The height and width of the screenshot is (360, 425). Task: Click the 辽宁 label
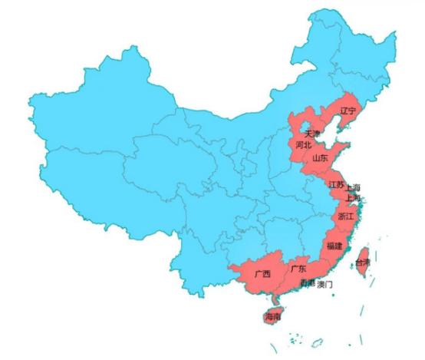click(x=348, y=111)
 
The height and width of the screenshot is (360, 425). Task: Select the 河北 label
click(x=303, y=144)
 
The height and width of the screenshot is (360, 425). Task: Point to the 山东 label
click(x=320, y=157)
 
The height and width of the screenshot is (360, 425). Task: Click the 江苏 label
click(x=336, y=185)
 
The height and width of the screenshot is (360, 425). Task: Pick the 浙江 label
click(x=345, y=217)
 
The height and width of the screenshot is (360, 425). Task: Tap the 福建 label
click(x=334, y=246)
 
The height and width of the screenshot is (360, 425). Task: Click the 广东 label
click(x=298, y=269)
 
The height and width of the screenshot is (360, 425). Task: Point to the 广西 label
click(x=262, y=274)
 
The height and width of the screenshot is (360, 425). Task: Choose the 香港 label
click(x=307, y=284)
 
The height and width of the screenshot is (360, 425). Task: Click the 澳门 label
click(x=325, y=285)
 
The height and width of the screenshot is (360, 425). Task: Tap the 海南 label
click(x=272, y=316)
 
